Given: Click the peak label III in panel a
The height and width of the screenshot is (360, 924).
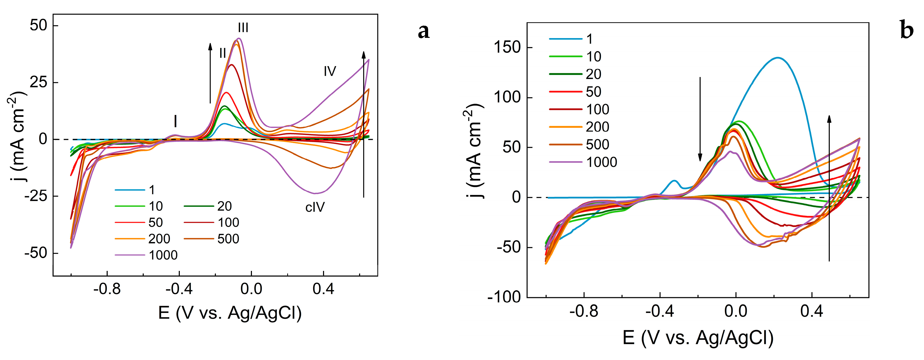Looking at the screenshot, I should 243,28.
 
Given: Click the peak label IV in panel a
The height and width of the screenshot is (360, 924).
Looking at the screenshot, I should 330,71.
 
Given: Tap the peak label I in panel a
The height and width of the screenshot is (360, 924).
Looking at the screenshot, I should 175,121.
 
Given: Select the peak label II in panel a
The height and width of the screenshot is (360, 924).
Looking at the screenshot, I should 222,53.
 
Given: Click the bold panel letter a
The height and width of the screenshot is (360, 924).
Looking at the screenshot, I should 424,31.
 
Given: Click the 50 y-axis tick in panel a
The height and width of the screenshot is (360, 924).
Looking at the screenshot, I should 38,25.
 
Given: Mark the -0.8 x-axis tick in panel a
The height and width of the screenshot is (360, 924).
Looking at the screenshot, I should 107,289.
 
